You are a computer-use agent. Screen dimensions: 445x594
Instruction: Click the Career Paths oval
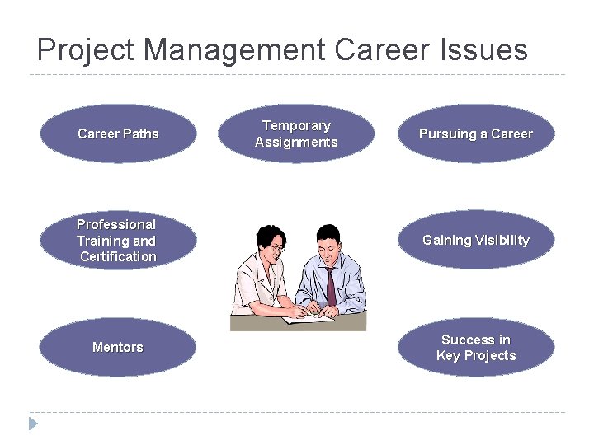[x=118, y=133]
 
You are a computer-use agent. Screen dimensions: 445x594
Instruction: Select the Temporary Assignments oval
[x=296, y=133]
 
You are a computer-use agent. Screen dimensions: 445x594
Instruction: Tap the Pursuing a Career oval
[x=476, y=133]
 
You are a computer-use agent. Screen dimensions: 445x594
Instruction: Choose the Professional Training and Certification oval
[x=118, y=241]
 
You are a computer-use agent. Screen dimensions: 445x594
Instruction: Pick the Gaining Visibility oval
[x=476, y=241]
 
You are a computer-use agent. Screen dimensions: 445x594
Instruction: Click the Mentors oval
[x=118, y=347]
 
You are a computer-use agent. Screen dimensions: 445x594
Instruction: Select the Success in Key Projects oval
[x=476, y=347]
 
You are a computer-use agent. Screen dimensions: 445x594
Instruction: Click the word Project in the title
[x=87, y=50]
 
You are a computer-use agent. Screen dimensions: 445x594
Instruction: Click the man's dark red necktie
[x=331, y=285]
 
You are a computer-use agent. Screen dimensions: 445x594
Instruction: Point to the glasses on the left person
[x=277, y=247]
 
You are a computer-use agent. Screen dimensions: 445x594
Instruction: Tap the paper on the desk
[x=307, y=317]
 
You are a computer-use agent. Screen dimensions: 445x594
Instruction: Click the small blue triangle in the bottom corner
[x=33, y=424]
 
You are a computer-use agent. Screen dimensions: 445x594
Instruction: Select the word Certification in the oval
[x=118, y=257]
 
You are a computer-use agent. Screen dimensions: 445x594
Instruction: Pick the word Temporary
[x=296, y=125]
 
